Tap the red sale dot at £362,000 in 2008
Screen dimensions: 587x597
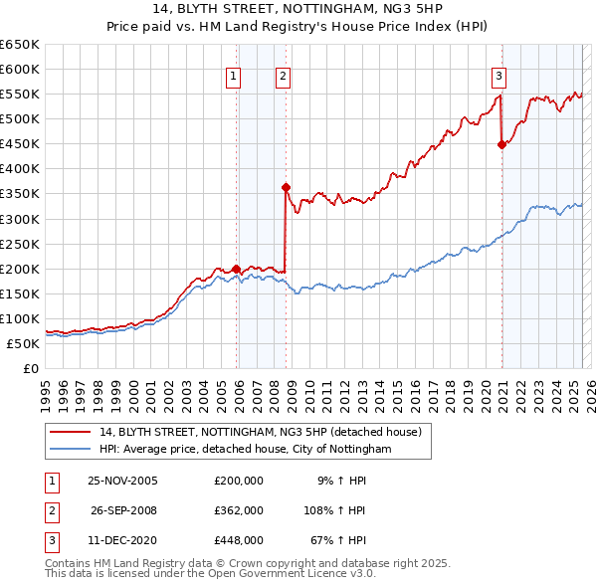(286, 187)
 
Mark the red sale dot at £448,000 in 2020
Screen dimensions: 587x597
(501, 144)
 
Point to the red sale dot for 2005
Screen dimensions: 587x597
(236, 268)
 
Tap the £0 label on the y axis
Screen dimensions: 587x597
(30, 368)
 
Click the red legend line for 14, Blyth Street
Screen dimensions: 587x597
(71, 432)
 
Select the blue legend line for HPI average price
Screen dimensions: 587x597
(71, 449)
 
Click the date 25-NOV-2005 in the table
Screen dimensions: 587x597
(122, 481)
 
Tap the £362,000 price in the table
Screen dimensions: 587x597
(238, 510)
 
